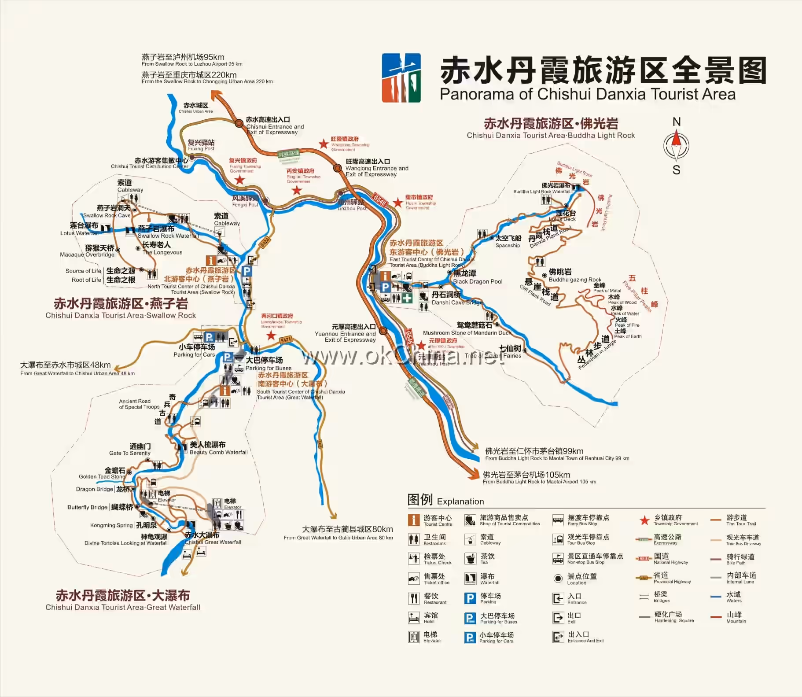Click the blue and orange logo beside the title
(401, 78)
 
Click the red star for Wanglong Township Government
(324, 144)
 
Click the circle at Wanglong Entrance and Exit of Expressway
(338, 168)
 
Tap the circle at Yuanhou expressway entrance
(383, 331)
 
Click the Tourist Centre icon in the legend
(414, 520)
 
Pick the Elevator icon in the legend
(414, 637)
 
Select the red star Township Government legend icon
(645, 520)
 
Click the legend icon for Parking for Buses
(470, 618)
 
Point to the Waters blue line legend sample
(715, 597)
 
